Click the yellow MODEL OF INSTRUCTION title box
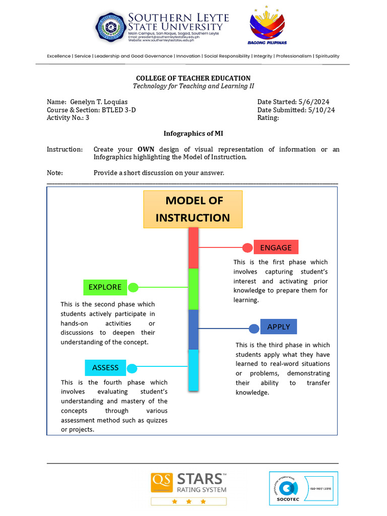[x=193, y=209]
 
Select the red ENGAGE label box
[x=276, y=247]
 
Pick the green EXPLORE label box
[x=105, y=287]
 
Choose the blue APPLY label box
[x=279, y=327]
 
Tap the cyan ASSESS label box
[x=105, y=367]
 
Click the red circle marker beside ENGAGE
[x=247, y=247]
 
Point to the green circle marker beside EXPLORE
[x=133, y=288]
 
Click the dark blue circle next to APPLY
[x=254, y=329]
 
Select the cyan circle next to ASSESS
[x=132, y=368]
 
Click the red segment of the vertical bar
[x=193, y=248]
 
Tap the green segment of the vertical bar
[x=193, y=289]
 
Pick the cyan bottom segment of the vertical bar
[x=193, y=370]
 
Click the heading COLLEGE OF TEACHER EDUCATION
[x=193, y=78]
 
